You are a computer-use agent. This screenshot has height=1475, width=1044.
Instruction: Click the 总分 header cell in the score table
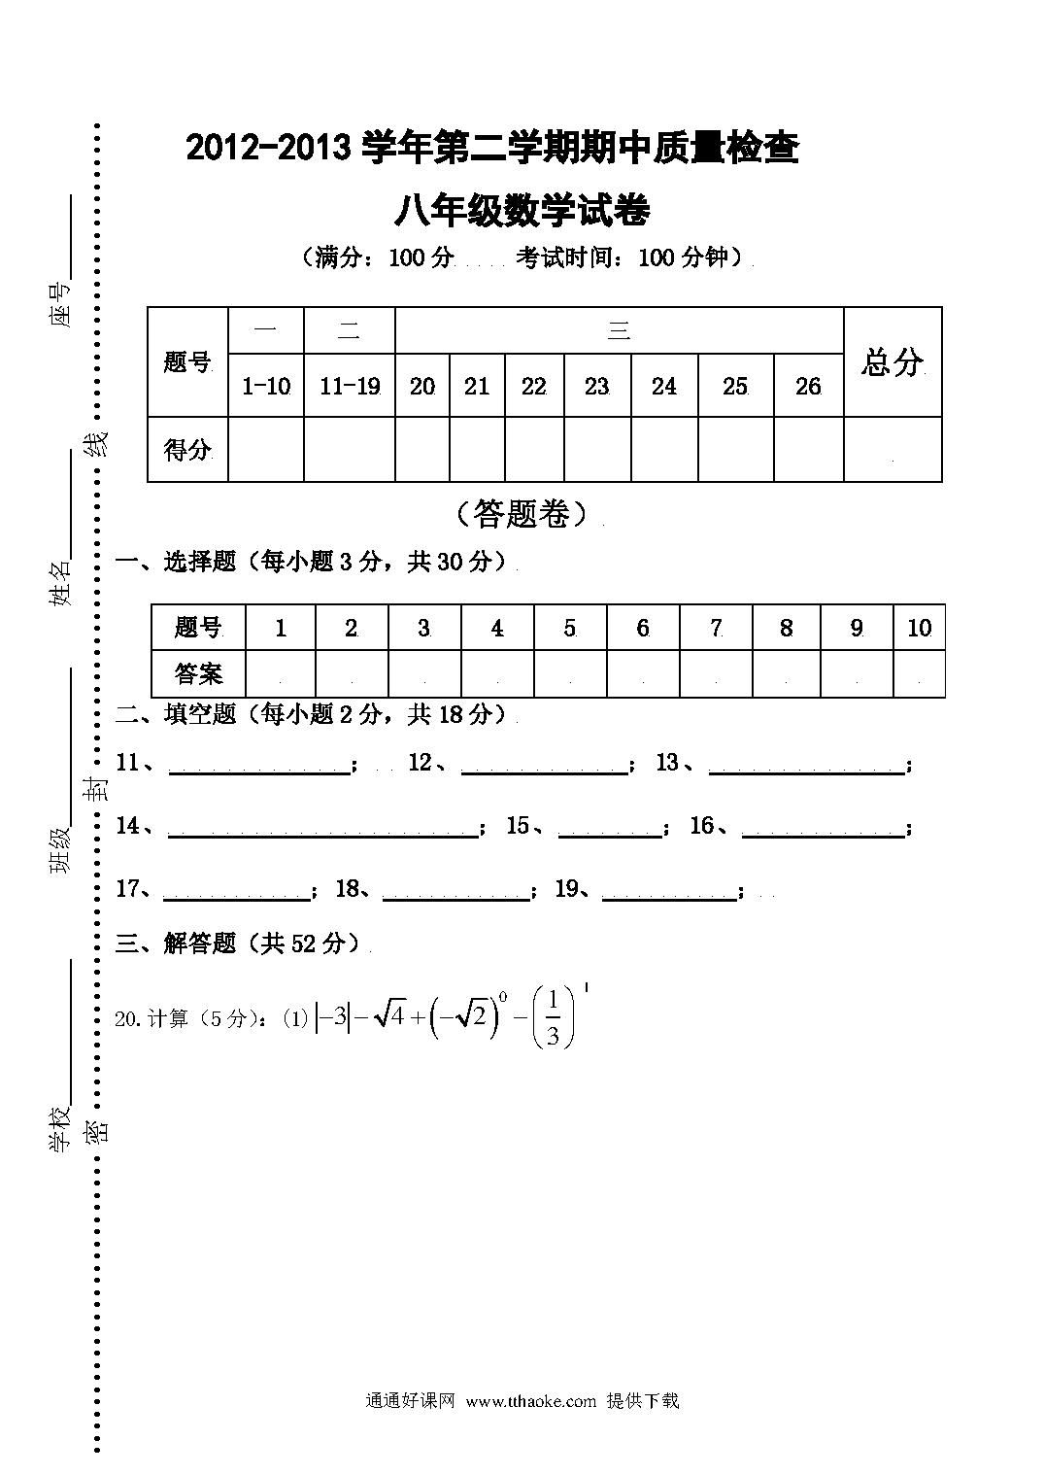(x=892, y=361)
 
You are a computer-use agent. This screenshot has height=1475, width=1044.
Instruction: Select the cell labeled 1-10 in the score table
(x=266, y=385)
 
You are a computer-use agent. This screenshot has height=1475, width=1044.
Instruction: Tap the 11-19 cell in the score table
(x=350, y=385)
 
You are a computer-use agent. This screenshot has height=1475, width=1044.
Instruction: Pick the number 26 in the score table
(x=808, y=386)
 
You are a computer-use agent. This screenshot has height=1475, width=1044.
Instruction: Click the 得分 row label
(x=187, y=450)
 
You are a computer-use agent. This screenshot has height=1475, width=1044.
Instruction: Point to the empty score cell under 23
(x=597, y=449)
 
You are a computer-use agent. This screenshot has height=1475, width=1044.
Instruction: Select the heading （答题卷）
(x=522, y=514)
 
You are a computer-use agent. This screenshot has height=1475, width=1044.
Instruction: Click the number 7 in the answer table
(x=716, y=628)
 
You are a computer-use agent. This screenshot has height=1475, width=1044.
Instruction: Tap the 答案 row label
(x=198, y=673)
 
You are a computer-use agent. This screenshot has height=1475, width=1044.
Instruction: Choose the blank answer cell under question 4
(x=497, y=673)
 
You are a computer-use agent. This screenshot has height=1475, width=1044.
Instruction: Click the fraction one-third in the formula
(x=553, y=1018)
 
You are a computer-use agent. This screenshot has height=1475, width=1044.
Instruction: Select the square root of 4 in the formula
(x=389, y=1016)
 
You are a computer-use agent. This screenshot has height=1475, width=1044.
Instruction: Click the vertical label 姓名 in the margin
(x=59, y=583)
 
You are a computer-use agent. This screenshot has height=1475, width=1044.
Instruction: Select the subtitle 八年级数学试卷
(x=522, y=211)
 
